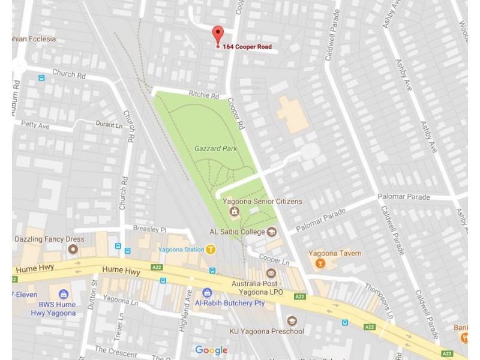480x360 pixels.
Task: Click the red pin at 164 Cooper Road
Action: click(218, 34)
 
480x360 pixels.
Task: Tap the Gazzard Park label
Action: click(215, 148)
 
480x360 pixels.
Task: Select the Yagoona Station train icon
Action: click(211, 250)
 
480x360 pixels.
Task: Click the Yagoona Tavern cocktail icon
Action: click(319, 263)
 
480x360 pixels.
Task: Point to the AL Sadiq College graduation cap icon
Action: click(272, 232)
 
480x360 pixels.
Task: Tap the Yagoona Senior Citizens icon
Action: click(235, 211)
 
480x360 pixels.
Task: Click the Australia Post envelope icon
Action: click(271, 274)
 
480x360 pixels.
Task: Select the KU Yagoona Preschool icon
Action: click(292, 321)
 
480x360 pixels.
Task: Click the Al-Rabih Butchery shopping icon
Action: click(207, 293)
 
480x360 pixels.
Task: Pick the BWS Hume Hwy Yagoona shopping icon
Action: click(64, 295)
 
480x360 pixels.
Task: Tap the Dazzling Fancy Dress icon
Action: click(74, 249)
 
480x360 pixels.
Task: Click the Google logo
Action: click(211, 350)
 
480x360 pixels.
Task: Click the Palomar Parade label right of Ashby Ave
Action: click(403, 197)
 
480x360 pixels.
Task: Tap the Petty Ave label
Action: click(35, 125)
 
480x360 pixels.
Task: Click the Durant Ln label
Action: click(108, 124)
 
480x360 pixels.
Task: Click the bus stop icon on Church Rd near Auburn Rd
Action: click(41, 77)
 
